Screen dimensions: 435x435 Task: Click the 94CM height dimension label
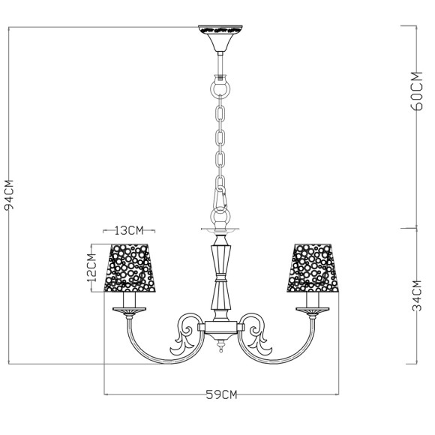10,196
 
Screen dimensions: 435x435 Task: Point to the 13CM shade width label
129,229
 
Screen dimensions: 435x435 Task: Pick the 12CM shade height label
92,266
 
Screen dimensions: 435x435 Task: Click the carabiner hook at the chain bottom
220,199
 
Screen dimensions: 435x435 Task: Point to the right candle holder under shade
312,304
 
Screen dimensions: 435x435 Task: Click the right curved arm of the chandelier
294,346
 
